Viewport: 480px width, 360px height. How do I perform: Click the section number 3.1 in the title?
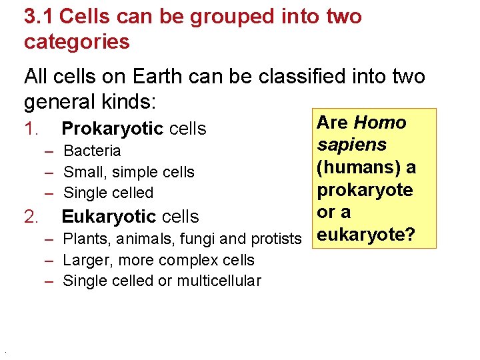tap(37, 17)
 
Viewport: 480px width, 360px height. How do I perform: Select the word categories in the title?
tap(77, 42)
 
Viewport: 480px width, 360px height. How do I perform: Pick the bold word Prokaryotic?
tap(112, 129)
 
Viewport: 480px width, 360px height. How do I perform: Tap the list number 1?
tap(32, 129)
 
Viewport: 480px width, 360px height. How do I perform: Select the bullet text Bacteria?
tap(92, 151)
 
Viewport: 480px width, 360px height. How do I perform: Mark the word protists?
tap(275, 239)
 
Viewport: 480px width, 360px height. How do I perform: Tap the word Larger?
tap(87, 260)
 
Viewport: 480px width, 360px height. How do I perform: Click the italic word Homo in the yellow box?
tap(380, 123)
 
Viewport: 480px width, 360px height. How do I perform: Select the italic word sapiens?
tap(352, 145)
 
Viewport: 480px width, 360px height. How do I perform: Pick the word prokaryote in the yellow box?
tap(365, 190)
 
